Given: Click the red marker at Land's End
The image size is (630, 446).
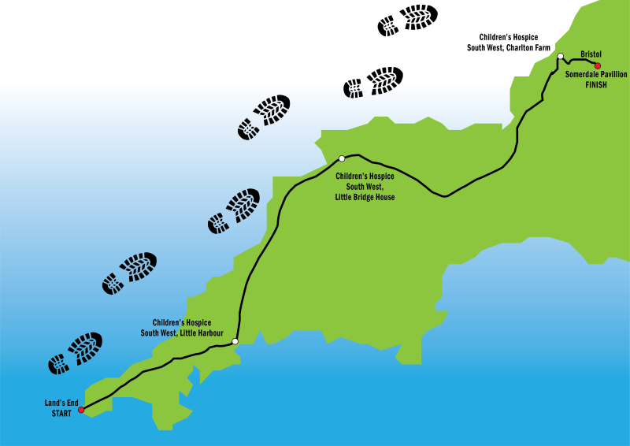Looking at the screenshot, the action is pos(81,410).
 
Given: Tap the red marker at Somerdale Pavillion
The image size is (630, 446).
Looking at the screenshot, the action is pos(598,65).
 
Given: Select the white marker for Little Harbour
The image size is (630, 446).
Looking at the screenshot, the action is pos(235,341).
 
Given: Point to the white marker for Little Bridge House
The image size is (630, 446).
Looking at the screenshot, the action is pos(342,158).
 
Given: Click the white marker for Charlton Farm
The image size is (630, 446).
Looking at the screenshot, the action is pos(560,57).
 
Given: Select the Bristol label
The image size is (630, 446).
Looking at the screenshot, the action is pos(591,54).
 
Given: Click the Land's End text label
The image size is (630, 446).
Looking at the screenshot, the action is pos(60,403).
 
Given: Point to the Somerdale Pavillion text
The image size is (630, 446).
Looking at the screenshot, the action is pos(596,74).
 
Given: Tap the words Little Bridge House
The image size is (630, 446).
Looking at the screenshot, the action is pos(365,197).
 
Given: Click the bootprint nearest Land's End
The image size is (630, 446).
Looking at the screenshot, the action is pos(76,352).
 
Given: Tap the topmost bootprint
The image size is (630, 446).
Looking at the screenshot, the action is pos(408,20).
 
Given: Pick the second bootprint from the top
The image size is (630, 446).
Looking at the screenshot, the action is pos(373,82).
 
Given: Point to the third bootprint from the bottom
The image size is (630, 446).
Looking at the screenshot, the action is pos(234,210).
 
